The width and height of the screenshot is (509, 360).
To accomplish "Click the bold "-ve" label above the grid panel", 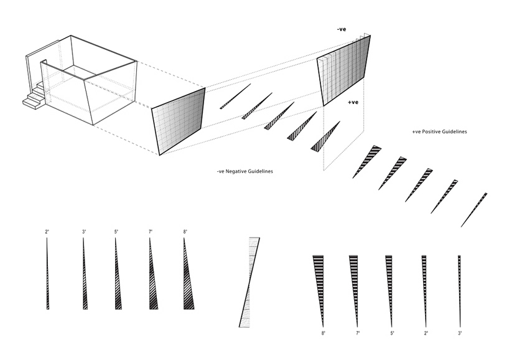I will [x=342, y=29].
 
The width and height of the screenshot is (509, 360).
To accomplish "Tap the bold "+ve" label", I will [x=353, y=102].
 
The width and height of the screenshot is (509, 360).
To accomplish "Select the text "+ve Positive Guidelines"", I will [x=439, y=132].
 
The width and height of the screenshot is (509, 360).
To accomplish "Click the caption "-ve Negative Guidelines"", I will [x=243, y=171].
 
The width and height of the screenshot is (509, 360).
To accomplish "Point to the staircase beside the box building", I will [x=35, y=97].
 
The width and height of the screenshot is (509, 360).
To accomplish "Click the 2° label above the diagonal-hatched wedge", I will [x=47, y=232].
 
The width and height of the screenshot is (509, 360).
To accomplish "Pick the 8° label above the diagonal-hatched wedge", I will [x=185, y=232].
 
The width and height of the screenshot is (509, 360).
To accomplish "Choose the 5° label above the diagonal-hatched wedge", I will [x=115, y=232].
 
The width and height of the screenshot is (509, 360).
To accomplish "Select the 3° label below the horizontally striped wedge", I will [x=459, y=334].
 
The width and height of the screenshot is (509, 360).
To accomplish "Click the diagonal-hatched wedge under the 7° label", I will [x=152, y=277].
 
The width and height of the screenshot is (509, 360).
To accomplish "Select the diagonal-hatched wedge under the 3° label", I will [x=84, y=277].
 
